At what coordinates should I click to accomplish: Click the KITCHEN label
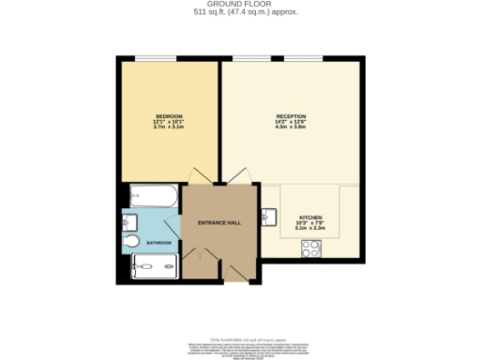[x=309, y=216]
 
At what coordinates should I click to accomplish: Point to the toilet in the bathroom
[x=132, y=242]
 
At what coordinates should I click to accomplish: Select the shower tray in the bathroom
[x=156, y=270]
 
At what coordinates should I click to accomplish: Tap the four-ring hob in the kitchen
[x=311, y=248]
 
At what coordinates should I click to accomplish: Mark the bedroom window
[x=154, y=59]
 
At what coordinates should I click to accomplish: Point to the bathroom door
[x=173, y=228]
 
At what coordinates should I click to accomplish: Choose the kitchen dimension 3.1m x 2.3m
[x=309, y=228]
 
